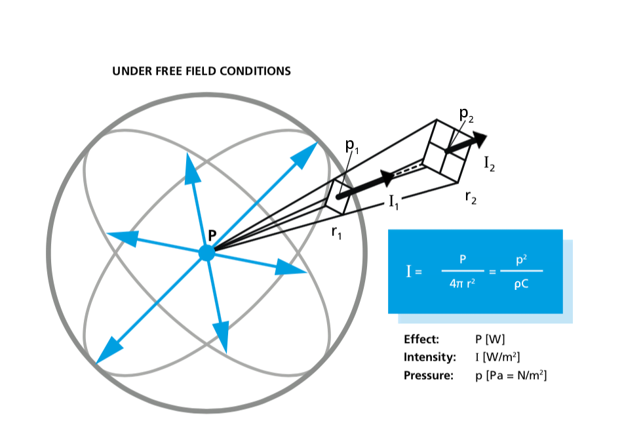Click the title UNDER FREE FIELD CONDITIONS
(201, 71)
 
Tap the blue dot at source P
(206, 253)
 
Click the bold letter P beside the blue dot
(212, 234)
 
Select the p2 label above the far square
(466, 115)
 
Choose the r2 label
(470, 197)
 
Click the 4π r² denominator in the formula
(463, 285)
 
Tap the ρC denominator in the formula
(521, 285)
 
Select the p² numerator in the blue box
(522, 260)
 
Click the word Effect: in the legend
(421, 340)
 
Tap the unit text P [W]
(490, 340)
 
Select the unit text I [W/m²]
(501, 357)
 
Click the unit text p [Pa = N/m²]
(511, 375)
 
